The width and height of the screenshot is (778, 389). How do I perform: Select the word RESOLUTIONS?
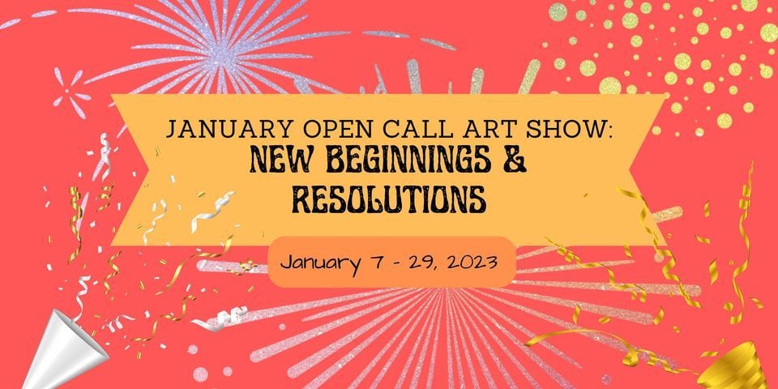point(388,199)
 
